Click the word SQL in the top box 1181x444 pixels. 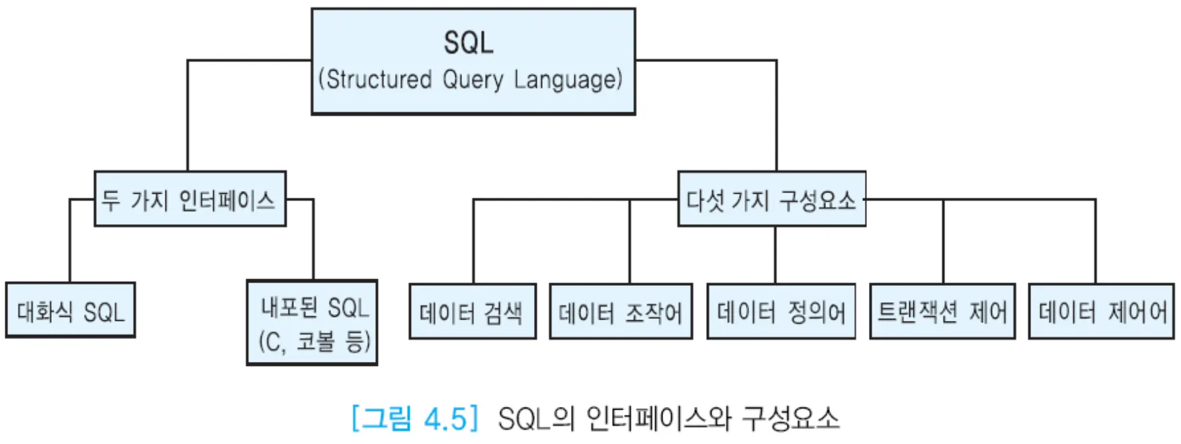469,43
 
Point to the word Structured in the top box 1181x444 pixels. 379,80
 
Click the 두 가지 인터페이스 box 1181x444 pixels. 190,200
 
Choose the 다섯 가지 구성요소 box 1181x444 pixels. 771,200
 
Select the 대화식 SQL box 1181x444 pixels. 71,311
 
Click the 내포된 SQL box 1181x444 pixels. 312,323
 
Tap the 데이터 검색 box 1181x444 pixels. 472,312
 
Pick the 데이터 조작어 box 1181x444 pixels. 620,312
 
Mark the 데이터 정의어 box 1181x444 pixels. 781,312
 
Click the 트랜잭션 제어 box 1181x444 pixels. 942,312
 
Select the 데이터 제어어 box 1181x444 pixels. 1101,312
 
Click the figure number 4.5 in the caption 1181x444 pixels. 445,419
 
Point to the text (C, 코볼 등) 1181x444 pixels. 315,342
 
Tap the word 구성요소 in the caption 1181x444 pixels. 791,419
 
